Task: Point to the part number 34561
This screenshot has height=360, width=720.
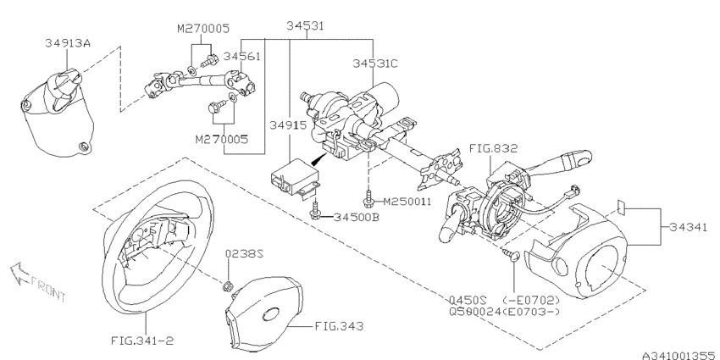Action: click(241, 56)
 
